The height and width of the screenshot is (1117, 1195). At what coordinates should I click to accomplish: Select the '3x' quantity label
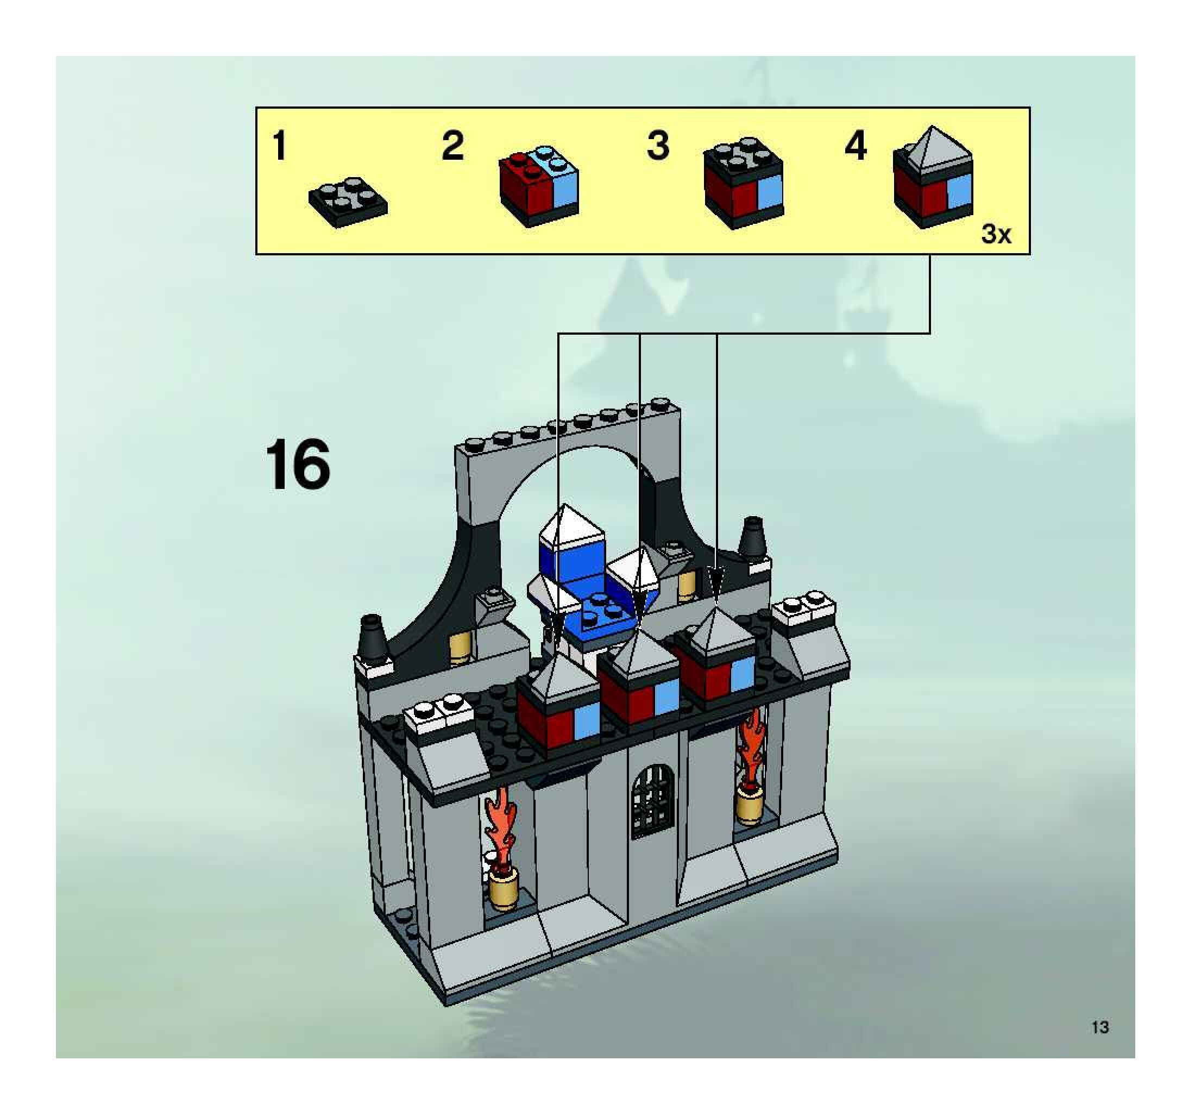(x=996, y=234)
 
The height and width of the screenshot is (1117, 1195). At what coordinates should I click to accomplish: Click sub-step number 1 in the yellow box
(x=279, y=146)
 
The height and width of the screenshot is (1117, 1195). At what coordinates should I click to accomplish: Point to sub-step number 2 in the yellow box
(x=452, y=146)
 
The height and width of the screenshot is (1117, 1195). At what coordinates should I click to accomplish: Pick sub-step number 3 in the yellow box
(x=658, y=146)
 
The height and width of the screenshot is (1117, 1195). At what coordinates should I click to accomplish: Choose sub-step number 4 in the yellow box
(x=856, y=146)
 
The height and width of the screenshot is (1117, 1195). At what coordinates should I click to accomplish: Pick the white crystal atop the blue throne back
(x=571, y=527)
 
